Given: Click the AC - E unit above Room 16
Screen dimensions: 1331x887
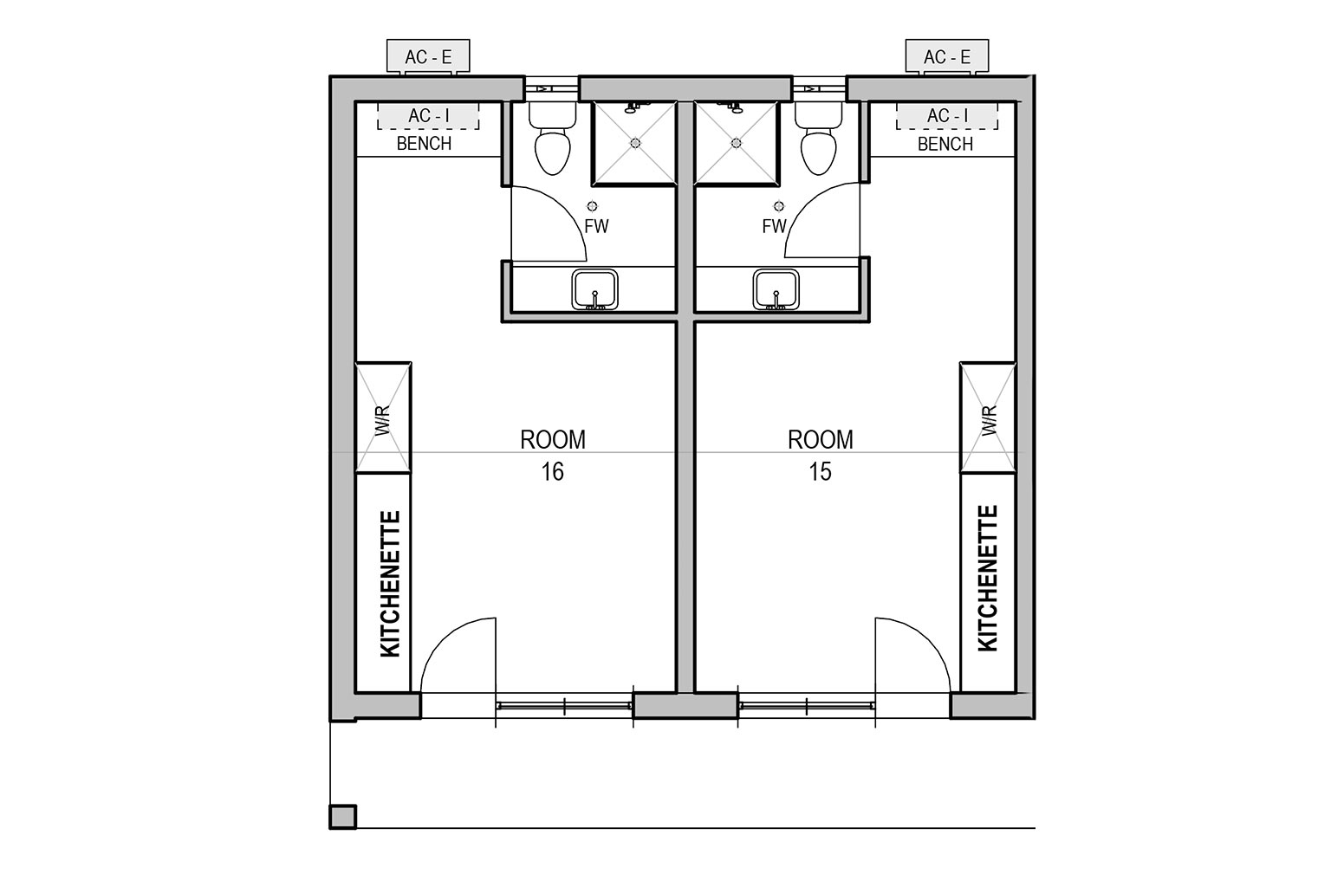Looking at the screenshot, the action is (428, 56).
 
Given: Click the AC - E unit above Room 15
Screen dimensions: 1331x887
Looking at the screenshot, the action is (947, 56).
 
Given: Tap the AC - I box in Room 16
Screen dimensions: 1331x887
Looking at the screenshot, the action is (428, 116).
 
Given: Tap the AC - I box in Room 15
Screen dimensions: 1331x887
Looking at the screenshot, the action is (947, 116).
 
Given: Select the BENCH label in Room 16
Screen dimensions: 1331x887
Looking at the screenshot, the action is (425, 144).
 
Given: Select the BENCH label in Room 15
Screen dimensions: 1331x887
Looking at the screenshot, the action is (945, 144).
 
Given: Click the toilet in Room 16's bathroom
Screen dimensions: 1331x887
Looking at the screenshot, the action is (553, 139).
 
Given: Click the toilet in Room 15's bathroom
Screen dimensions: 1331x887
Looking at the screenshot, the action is (818, 139).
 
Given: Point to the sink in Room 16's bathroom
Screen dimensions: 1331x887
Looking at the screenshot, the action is (594, 290).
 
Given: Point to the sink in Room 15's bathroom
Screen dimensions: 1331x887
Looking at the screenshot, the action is (776, 290).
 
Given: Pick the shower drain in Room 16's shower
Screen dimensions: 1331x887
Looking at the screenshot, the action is (635, 143).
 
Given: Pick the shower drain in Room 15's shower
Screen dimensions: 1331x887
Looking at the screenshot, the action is (737, 143).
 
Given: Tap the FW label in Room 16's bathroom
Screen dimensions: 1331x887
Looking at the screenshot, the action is (596, 226).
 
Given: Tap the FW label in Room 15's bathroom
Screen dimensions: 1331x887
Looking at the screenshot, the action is (774, 226).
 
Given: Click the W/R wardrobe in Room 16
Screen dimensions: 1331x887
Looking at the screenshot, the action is (383, 418).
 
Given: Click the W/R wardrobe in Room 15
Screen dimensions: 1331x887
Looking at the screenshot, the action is (988, 418).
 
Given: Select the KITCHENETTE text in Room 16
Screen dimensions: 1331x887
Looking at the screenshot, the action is (391, 584).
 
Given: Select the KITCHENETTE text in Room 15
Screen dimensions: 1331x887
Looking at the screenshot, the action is (988, 579).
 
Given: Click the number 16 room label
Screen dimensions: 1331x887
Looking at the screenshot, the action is (552, 472).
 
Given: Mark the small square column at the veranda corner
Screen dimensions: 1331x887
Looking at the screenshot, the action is (343, 817).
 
